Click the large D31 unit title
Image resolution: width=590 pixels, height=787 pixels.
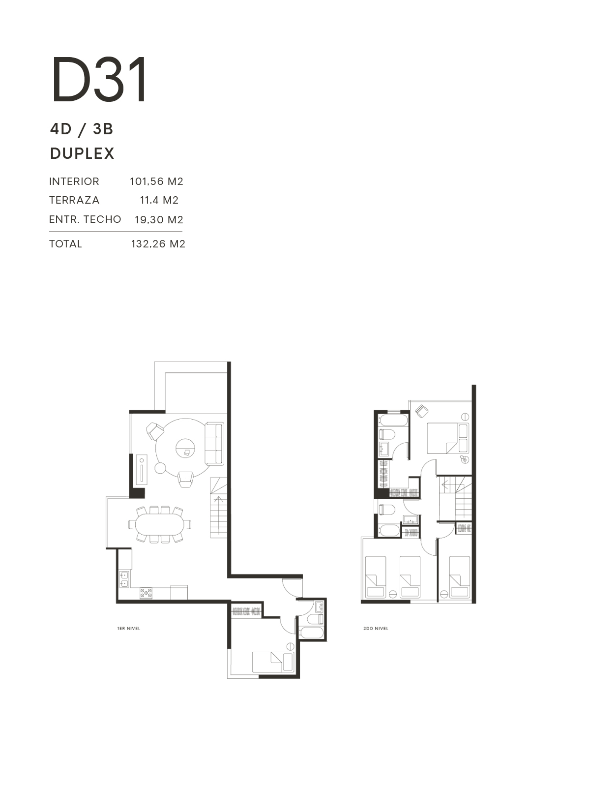click(x=99, y=80)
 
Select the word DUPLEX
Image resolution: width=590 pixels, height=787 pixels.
click(x=83, y=153)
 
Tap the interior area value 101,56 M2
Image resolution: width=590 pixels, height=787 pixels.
click(x=156, y=182)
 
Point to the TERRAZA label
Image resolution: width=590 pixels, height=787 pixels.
click(x=74, y=200)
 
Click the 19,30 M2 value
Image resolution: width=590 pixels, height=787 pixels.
click(x=159, y=219)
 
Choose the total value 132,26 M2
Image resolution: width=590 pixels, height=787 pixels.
click(x=158, y=244)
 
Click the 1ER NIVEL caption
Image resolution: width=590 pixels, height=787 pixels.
click(x=129, y=629)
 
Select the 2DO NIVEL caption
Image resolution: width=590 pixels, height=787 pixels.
click(x=376, y=629)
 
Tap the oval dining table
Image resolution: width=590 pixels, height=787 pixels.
click(x=160, y=524)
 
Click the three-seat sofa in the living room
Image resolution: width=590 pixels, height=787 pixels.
click(x=214, y=444)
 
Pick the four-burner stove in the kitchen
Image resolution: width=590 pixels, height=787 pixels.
click(x=146, y=593)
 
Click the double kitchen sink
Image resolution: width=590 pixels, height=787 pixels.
click(x=124, y=579)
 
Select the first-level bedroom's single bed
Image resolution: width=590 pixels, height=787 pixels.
click(x=273, y=662)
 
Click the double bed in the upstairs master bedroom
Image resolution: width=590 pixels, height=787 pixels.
click(x=447, y=438)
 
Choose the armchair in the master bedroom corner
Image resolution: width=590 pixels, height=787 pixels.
click(x=421, y=411)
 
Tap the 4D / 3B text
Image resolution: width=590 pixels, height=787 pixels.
click(x=82, y=129)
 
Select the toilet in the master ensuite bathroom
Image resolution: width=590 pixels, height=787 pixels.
click(x=387, y=435)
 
